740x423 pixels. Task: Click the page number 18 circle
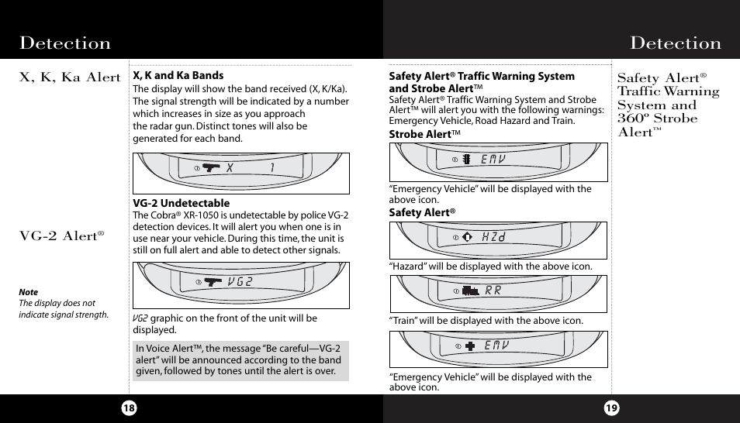click(x=129, y=408)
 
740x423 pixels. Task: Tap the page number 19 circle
click(x=611, y=408)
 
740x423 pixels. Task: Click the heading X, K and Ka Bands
click(x=178, y=75)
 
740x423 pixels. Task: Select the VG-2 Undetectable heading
click(x=181, y=203)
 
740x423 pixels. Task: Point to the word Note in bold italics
click(x=28, y=293)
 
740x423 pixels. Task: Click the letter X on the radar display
click(x=230, y=168)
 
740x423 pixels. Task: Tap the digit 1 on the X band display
click(x=272, y=168)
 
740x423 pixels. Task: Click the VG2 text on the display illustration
click(x=240, y=281)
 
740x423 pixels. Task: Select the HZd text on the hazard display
click(x=493, y=237)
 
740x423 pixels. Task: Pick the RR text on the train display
click(x=493, y=291)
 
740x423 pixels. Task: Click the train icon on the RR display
click(x=470, y=291)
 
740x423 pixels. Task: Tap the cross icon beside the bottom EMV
click(x=470, y=346)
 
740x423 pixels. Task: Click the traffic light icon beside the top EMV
click(x=467, y=159)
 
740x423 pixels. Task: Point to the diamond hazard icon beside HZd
click(x=467, y=237)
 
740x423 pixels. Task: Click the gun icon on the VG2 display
click(x=213, y=281)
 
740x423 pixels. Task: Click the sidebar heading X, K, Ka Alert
click(x=70, y=77)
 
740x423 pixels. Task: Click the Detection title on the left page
click(x=65, y=43)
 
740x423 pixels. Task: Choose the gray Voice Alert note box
click(x=240, y=360)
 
